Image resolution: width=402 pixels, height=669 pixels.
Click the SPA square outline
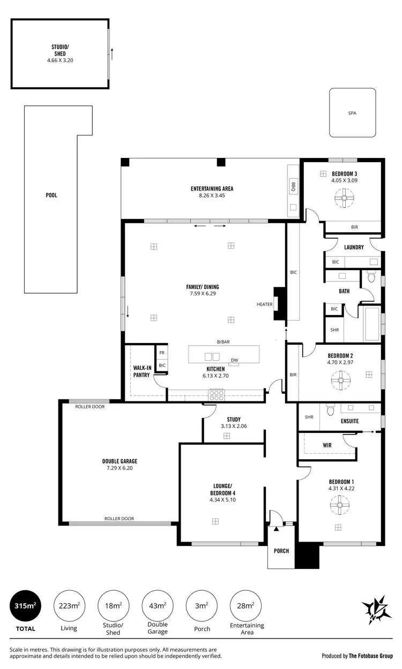352,113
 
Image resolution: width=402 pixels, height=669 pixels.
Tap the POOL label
51,195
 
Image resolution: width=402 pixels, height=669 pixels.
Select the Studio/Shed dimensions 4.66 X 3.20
59,60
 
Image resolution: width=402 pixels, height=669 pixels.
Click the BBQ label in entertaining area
293,186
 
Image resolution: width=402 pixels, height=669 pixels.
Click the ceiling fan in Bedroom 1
339,505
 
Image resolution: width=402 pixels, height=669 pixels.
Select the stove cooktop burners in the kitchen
217,395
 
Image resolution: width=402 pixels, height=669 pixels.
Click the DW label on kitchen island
234,360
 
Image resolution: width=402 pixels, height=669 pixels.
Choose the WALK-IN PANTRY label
142,371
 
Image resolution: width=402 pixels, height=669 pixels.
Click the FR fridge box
162,353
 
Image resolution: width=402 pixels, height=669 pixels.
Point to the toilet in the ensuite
330,410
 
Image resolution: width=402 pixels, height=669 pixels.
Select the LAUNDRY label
354,247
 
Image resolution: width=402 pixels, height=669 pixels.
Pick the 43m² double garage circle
157,606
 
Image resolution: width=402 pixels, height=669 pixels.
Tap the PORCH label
281,551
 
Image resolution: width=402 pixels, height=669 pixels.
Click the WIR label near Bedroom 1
327,445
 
